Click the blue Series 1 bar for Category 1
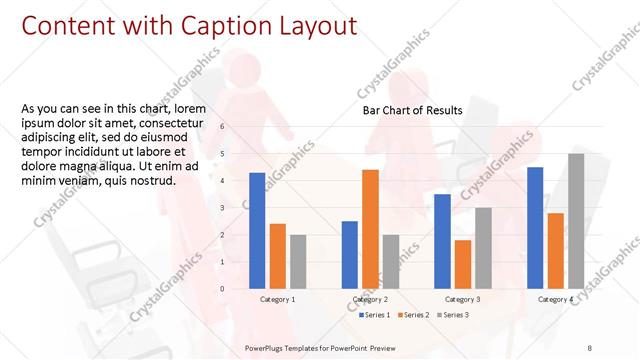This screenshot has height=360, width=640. coord(257,231)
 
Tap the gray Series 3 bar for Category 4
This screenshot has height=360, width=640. coord(576,221)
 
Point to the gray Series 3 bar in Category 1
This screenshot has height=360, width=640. coord(298,262)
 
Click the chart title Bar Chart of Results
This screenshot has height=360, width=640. coord(412,111)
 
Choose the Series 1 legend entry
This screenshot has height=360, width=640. coord(376,315)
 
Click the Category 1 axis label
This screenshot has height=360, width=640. coord(277,299)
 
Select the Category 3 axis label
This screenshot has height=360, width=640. coord(462,299)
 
